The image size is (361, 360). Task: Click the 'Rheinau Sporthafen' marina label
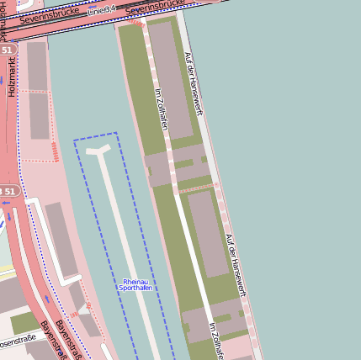pos(137,285)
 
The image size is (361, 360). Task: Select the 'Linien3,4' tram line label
pos(101,9)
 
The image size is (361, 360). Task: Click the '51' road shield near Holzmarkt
pos(8,50)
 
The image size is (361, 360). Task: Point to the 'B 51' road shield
pos(8,192)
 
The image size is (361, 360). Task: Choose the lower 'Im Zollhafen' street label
pos(215,340)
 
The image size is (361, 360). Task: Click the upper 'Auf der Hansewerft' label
pos(194,82)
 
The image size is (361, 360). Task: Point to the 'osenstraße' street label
pos(18,341)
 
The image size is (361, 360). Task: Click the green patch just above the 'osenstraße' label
pos(24,323)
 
